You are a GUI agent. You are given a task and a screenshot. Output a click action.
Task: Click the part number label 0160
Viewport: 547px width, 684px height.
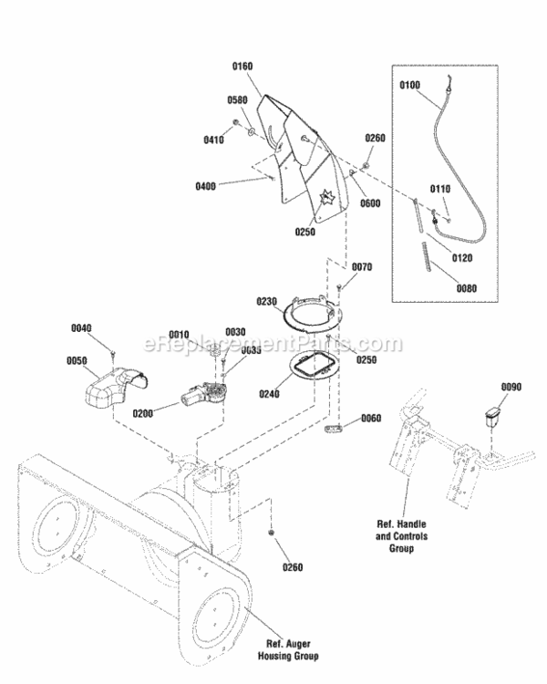coord(242,66)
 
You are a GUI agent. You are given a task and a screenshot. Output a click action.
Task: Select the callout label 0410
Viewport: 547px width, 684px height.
coord(214,140)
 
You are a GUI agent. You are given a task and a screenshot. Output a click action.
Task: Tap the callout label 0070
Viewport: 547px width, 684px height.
coord(362,268)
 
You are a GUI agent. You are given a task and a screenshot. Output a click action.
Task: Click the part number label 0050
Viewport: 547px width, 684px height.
coord(77,360)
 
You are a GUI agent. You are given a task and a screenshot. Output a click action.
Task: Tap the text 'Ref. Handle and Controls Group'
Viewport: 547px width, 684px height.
coord(396,536)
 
